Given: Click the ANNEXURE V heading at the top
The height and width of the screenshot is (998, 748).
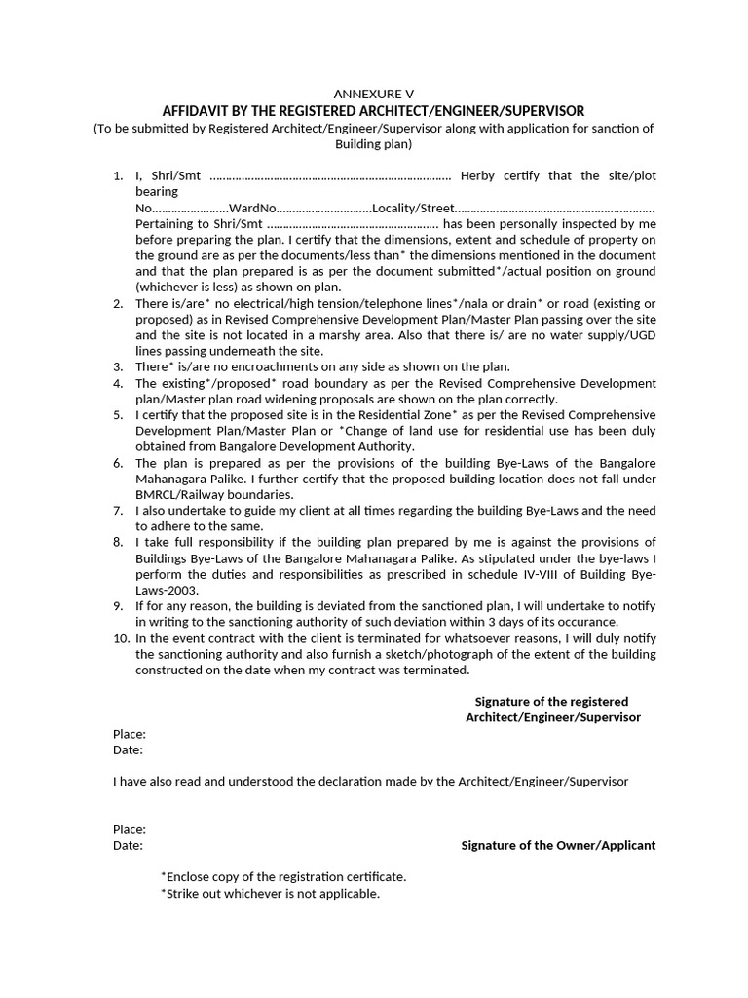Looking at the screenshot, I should [373, 94].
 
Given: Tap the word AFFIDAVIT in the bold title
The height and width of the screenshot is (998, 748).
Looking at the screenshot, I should [201, 111].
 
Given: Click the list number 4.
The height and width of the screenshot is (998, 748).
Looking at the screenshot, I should [117, 383].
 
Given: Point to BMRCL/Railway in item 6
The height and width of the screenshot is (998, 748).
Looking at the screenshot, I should [181, 494].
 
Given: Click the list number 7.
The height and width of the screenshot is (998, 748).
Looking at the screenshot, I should [117, 510].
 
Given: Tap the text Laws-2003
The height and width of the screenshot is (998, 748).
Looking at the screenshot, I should [167, 590].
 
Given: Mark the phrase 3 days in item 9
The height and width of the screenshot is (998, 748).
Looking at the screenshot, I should [513, 621].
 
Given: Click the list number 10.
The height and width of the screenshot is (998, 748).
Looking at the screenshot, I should [121, 637].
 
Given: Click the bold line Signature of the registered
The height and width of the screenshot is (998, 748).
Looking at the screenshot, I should [551, 702].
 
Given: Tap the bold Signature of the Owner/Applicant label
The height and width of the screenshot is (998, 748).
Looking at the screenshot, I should [558, 845].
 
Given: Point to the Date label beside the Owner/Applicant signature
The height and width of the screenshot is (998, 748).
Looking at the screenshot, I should [128, 845].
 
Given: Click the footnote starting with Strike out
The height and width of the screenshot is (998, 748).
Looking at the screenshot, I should [271, 893].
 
